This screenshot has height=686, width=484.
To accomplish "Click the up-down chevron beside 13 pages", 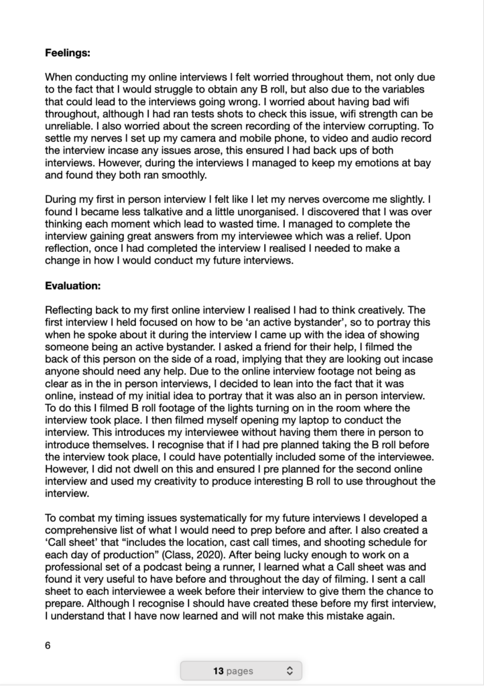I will point(290,671).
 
